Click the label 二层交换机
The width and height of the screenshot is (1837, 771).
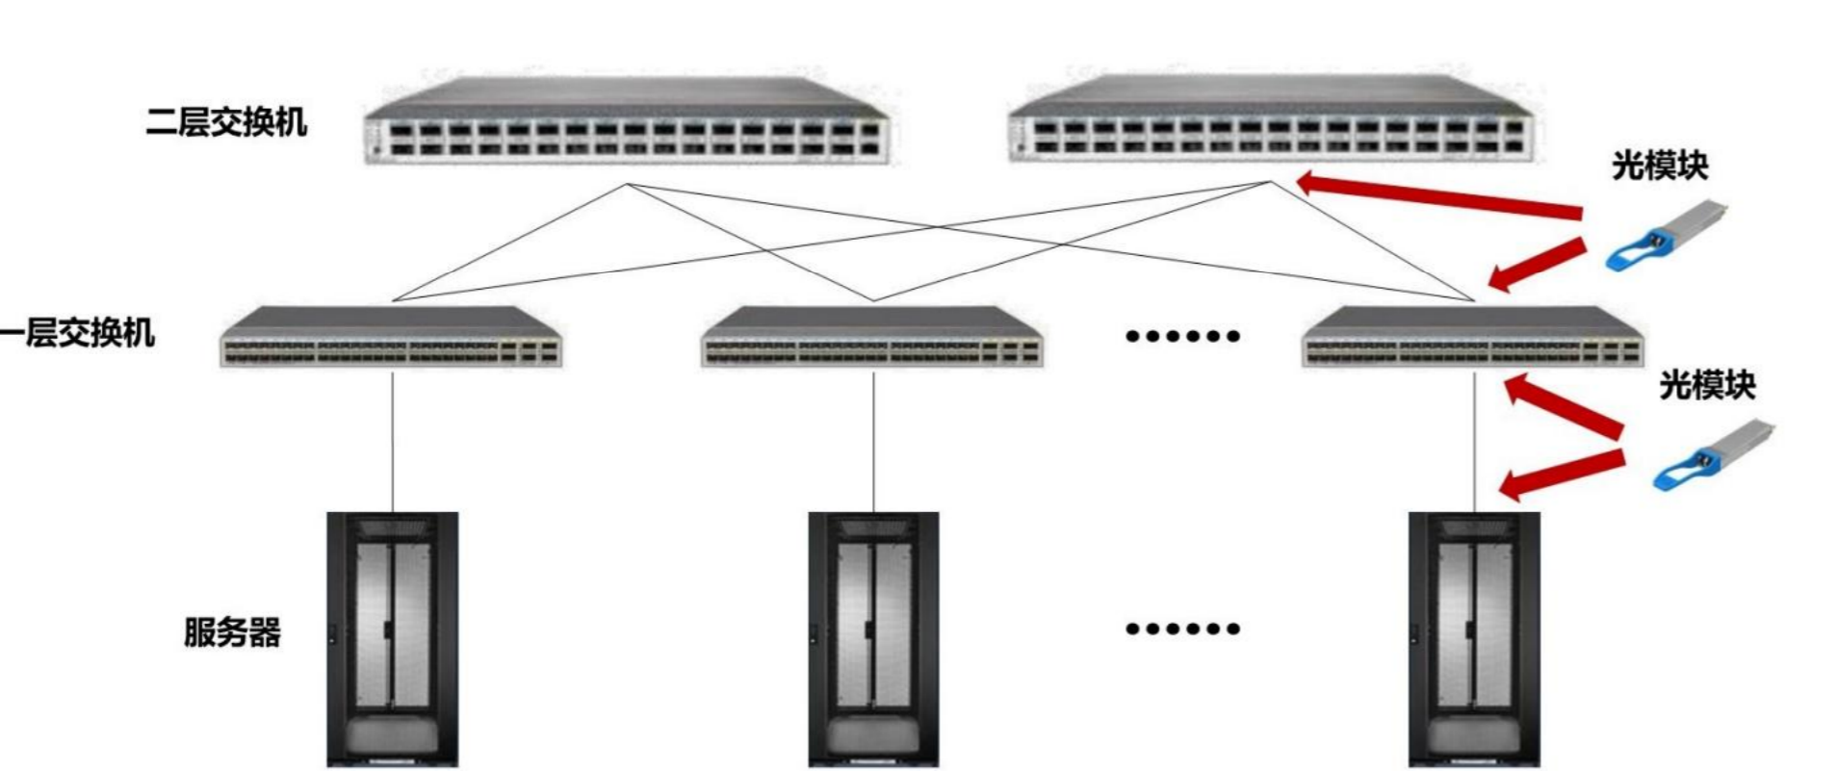[x=226, y=123]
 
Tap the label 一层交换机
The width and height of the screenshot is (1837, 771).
[x=77, y=334]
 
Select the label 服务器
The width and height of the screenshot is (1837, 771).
[x=232, y=632]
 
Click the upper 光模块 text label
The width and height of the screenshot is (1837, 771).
[x=1659, y=166]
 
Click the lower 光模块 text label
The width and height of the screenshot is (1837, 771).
[x=1706, y=385]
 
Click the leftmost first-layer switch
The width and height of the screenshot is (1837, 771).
[x=392, y=338]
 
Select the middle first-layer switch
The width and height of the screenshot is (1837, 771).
[x=873, y=338]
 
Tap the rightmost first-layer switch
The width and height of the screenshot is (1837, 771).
[x=1472, y=338]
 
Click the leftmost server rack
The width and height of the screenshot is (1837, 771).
[x=392, y=639]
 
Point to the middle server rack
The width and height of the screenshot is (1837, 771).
[x=873, y=639]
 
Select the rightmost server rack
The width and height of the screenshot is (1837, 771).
[x=1473, y=639]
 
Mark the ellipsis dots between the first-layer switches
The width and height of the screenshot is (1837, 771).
[x=1181, y=336]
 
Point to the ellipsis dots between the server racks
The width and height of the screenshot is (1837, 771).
[x=1181, y=629]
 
